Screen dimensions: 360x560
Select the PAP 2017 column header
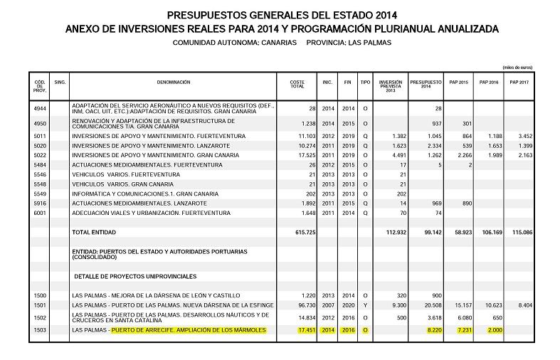click(x=519, y=83)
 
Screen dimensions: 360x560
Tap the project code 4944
click(x=40, y=108)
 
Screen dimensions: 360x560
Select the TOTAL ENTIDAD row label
click(x=94, y=232)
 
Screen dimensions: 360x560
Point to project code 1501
click(x=40, y=305)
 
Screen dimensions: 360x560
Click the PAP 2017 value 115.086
click(x=522, y=232)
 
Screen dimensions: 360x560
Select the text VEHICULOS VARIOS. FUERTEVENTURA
click(x=128, y=174)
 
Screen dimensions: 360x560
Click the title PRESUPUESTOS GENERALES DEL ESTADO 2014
click(x=281, y=15)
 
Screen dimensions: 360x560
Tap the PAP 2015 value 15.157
click(x=462, y=305)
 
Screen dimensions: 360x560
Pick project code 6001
click(x=40, y=213)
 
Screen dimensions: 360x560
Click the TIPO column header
click(x=365, y=83)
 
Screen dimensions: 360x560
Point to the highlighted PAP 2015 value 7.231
click(x=461, y=331)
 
